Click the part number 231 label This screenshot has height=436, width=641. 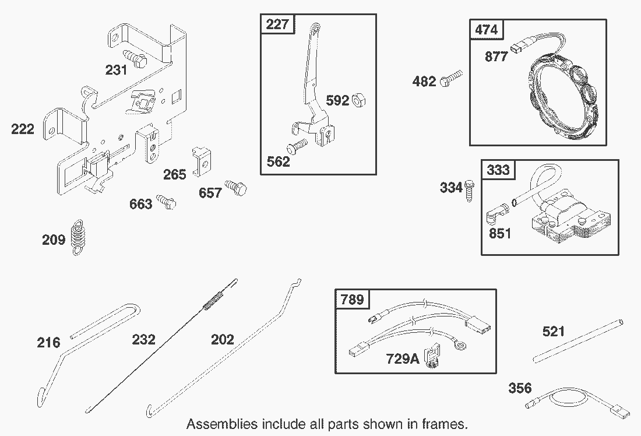point(116,70)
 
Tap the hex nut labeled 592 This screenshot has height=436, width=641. point(360,100)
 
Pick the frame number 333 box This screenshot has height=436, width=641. point(498,170)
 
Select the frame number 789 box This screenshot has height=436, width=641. point(352,300)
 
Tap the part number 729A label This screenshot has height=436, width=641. point(402,358)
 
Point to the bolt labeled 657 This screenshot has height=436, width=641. point(237,188)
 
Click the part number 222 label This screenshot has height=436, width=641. point(23,129)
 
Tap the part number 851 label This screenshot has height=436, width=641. point(500,234)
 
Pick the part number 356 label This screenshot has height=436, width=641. point(520,388)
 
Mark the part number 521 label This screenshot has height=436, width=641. point(554,332)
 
